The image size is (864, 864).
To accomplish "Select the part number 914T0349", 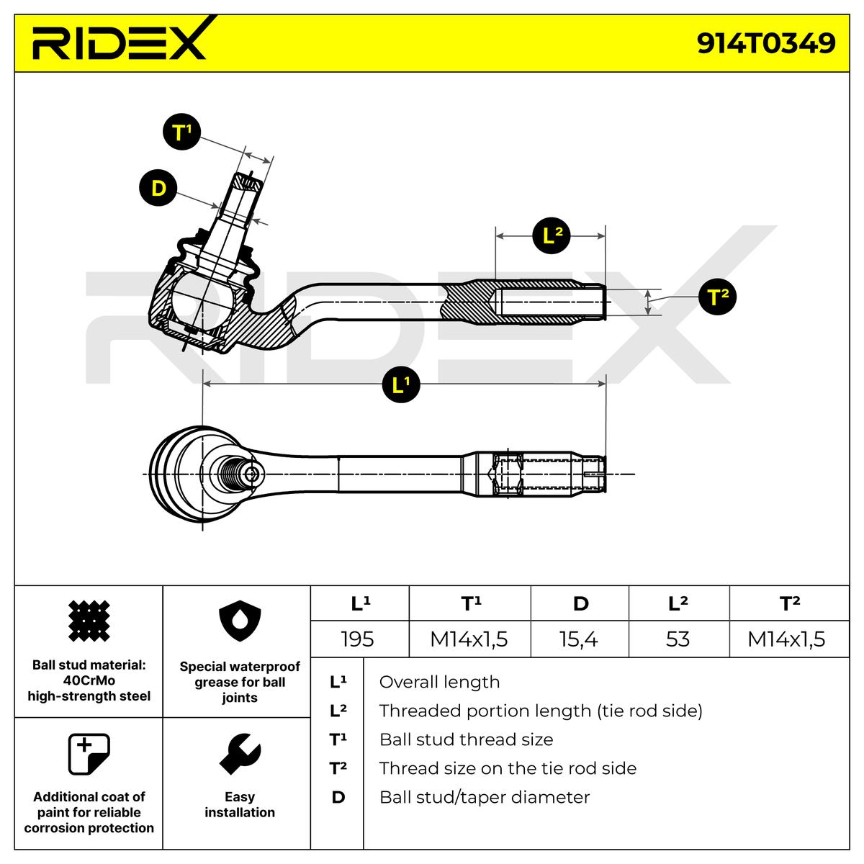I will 766,42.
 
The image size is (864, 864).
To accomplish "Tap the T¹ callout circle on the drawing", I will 181,132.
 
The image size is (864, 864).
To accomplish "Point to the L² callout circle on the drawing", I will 552,235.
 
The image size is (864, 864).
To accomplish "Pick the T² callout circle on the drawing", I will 717,297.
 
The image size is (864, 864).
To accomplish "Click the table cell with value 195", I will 358,639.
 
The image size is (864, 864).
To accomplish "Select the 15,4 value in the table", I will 580,639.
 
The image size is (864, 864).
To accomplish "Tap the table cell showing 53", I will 678,639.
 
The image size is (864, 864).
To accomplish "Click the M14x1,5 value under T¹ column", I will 469,639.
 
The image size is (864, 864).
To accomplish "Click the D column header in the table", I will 580,604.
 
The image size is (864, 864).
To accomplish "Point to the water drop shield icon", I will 239,620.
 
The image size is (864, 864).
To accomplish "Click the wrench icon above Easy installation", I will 239,755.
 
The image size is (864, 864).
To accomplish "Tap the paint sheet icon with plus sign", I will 88,755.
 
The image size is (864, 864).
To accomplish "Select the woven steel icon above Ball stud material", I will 89,620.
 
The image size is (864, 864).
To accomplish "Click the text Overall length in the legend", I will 439,682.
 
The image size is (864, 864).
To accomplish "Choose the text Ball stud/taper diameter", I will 484,797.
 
